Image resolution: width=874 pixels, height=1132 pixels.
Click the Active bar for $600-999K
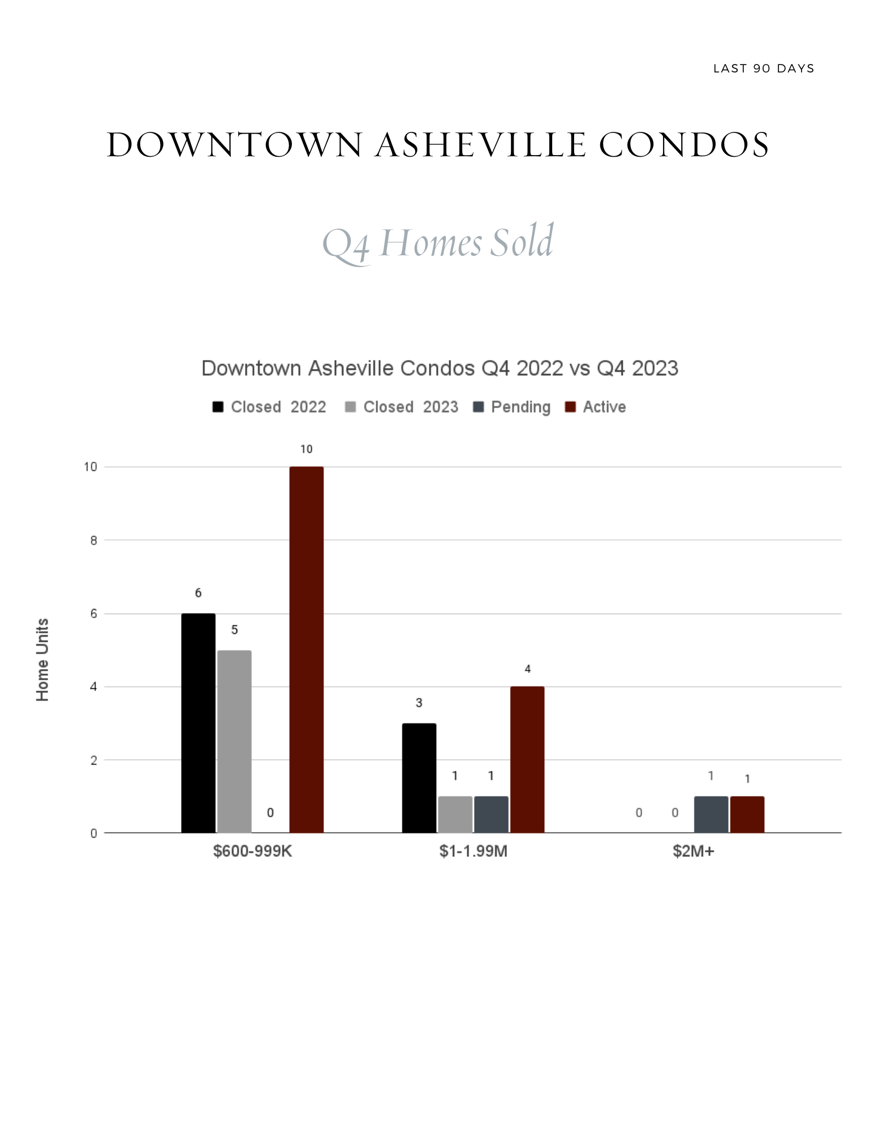click(x=306, y=649)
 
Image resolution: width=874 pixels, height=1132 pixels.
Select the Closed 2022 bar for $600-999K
click(x=198, y=723)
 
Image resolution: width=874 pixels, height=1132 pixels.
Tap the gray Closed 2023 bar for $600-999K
click(x=234, y=741)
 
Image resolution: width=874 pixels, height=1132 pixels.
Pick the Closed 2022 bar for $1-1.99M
click(x=419, y=778)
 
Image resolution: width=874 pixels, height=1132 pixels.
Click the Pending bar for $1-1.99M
click(x=491, y=814)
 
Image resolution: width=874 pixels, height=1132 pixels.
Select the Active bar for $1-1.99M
click(x=527, y=760)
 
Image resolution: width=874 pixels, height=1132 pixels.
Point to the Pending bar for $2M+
click(x=711, y=814)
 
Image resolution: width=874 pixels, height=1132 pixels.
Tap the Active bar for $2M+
click(x=747, y=814)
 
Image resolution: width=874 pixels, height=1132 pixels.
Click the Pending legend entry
click(x=512, y=407)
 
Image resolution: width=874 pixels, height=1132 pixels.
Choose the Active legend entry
click(x=596, y=407)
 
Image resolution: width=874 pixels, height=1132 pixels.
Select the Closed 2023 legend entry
click(x=402, y=407)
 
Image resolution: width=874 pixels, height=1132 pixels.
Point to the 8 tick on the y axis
click(x=93, y=541)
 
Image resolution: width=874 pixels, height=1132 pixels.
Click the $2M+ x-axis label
click(x=694, y=851)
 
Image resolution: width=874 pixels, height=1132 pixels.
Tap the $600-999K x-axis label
click(x=252, y=851)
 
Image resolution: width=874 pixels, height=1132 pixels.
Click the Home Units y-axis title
click(x=42, y=660)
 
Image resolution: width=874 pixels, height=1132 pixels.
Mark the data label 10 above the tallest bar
click(x=306, y=449)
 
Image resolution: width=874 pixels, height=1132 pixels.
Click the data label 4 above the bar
click(x=527, y=669)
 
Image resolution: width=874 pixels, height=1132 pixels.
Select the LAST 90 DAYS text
click(x=764, y=68)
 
